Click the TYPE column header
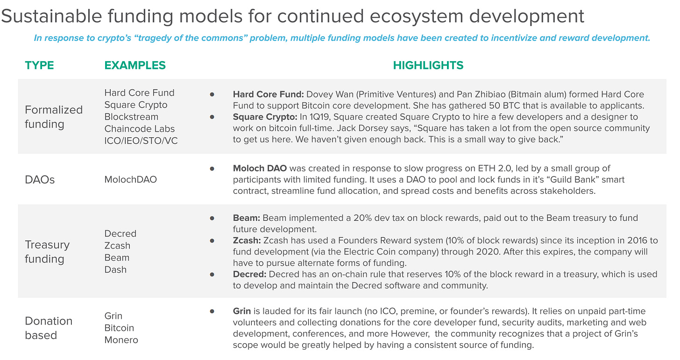click(x=39, y=65)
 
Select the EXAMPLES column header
click(x=135, y=65)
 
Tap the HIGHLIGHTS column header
click(x=428, y=65)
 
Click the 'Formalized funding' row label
click(x=54, y=117)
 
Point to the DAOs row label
click(x=40, y=180)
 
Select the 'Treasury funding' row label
click(x=47, y=252)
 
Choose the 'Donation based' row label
click(x=49, y=328)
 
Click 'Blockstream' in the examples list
click(x=131, y=117)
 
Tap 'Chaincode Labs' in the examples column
click(x=139, y=129)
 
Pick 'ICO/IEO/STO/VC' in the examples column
click(x=141, y=141)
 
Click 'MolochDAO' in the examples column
click(x=131, y=180)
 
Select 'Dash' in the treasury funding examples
click(x=115, y=269)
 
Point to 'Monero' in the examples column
click(x=121, y=340)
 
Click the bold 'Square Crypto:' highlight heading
click(x=265, y=117)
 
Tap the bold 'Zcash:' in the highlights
click(x=247, y=240)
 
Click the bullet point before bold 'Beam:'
click(x=212, y=218)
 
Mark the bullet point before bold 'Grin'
click(x=212, y=311)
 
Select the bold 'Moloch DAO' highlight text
click(x=260, y=169)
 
